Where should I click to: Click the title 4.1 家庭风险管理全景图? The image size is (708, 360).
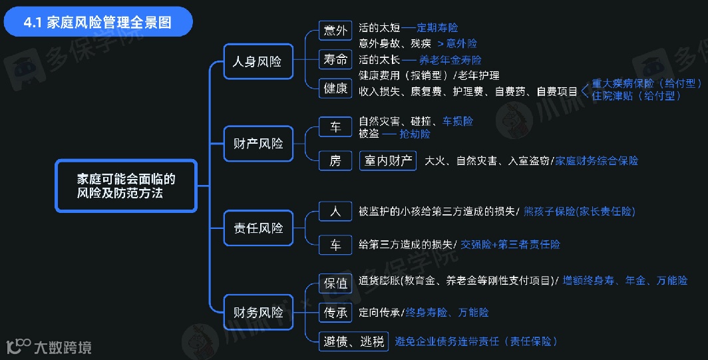tap(98, 22)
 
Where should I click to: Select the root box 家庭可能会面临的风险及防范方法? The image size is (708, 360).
tap(126, 186)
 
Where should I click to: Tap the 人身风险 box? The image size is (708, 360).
tap(258, 62)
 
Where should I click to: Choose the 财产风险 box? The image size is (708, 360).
tap(258, 144)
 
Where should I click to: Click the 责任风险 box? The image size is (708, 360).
tap(258, 228)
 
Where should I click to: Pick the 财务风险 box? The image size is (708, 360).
tap(258, 312)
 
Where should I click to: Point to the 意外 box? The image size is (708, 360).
tap(335, 31)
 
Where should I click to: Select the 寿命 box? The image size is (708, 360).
tap(335, 59)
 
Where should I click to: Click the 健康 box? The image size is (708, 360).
tap(335, 88)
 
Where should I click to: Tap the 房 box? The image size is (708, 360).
tap(335, 160)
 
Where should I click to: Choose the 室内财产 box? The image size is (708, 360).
tap(387, 160)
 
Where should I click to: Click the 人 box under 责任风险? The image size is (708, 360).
tap(335, 212)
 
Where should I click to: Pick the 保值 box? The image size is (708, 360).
tap(335, 283)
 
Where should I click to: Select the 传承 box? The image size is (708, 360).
tap(335, 312)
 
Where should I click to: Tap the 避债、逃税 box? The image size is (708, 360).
tap(353, 342)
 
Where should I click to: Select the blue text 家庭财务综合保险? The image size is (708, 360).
tap(596, 160)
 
